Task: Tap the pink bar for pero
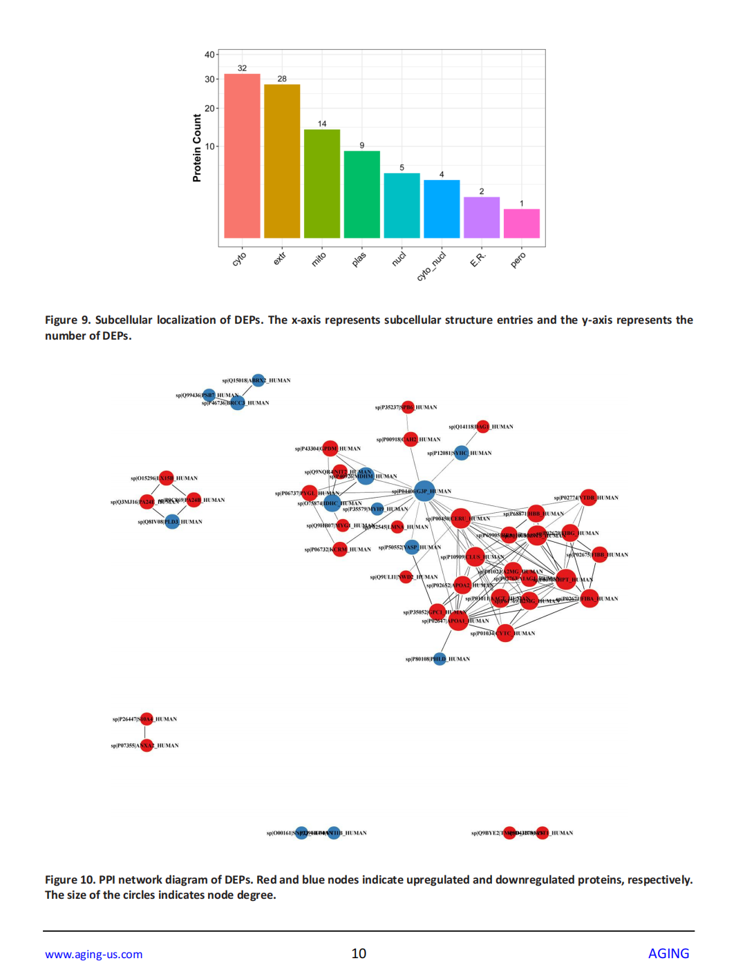[x=522, y=223]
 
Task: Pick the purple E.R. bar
[x=482, y=217]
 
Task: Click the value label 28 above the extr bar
[x=282, y=79]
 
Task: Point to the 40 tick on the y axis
[x=209, y=55]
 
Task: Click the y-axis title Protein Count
[x=197, y=148]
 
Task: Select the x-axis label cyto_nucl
[x=431, y=266]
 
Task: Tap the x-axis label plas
[x=359, y=260]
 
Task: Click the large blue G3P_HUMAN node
[x=424, y=491]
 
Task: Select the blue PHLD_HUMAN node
[x=440, y=659]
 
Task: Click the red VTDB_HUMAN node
[x=588, y=497]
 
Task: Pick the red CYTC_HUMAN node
[x=505, y=633]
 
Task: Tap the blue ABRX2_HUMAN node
[x=258, y=380]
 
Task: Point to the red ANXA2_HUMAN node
[x=147, y=746]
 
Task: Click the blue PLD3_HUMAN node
[x=172, y=522]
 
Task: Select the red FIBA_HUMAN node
[x=589, y=599]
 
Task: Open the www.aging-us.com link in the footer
[x=94, y=954]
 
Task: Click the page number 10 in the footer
[x=359, y=953]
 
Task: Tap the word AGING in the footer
[x=668, y=953]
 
